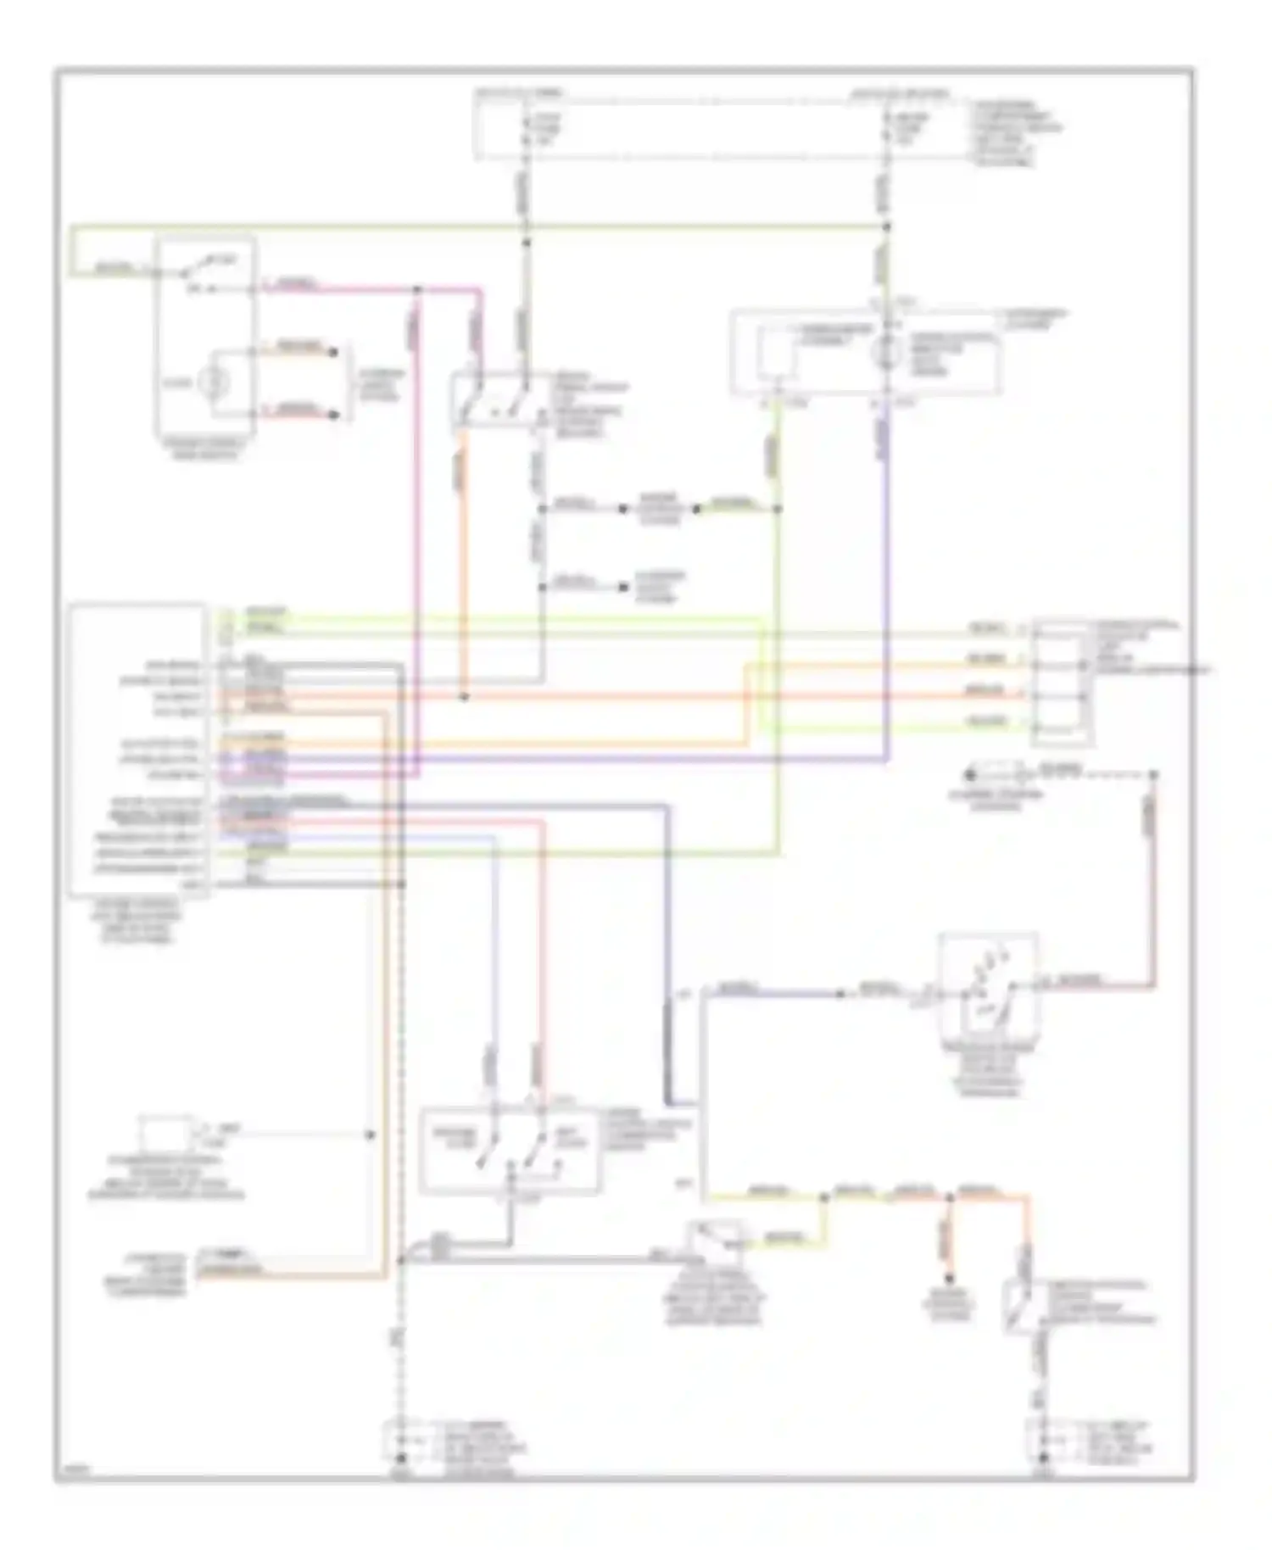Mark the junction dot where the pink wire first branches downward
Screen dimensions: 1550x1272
click(x=417, y=290)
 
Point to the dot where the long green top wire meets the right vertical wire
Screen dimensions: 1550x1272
click(x=887, y=227)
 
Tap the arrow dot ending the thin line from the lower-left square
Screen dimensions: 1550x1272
click(x=370, y=1135)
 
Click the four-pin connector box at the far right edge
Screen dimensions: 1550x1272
click(x=1060, y=683)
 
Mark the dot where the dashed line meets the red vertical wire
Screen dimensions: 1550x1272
click(x=1153, y=775)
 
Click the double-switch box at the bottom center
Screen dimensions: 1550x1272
click(x=509, y=1149)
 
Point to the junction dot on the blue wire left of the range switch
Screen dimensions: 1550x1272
click(x=840, y=993)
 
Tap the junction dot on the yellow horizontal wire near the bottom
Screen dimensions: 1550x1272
click(x=823, y=1197)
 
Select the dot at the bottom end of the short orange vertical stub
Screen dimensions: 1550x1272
click(x=950, y=1279)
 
